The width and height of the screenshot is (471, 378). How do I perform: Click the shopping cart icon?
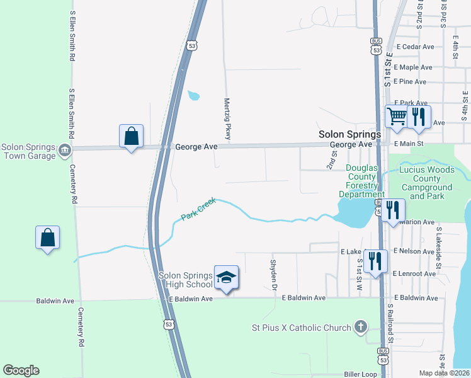pos(396,117)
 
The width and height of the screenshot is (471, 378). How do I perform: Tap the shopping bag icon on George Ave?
pos(131,136)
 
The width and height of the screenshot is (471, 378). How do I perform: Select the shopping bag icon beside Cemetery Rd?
pos(47,238)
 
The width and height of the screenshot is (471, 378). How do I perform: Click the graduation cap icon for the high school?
pos(227,277)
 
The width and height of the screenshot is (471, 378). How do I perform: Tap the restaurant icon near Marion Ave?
pos(393,210)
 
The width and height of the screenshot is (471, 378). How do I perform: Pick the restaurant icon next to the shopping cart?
pos(419,117)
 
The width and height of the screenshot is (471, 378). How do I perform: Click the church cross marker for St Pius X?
pos(360,327)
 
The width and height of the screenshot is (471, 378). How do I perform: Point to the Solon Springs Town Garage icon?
pos(64,150)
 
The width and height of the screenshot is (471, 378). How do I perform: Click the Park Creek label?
pos(198,209)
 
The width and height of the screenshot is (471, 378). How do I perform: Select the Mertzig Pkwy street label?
pos(228,118)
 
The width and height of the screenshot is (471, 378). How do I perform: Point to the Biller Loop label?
pos(360,374)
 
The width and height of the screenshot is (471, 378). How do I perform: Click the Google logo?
pos(21,370)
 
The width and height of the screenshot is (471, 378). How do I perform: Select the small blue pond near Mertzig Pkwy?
pos(193,96)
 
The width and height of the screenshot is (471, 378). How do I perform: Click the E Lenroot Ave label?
pos(414,274)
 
